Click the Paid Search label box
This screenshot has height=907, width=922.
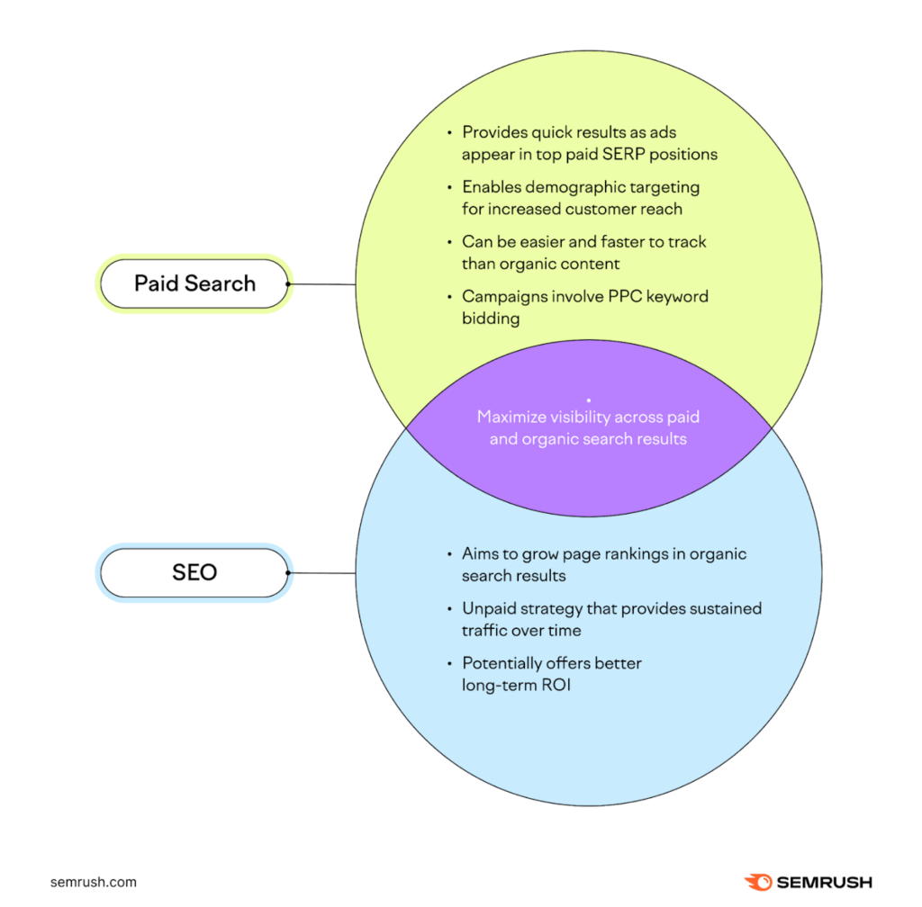pos(194,283)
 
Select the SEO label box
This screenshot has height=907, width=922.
pos(194,572)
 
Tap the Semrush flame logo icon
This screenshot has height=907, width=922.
pos(756,882)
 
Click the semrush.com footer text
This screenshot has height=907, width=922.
pos(93,882)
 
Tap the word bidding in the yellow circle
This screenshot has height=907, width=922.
pos(491,319)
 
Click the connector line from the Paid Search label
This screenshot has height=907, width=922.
pos(322,284)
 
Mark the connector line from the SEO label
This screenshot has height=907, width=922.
pos(322,573)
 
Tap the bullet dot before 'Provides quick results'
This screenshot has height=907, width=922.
pos(450,132)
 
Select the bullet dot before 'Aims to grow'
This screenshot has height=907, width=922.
pos(450,554)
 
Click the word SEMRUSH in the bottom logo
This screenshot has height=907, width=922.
pos(821,883)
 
